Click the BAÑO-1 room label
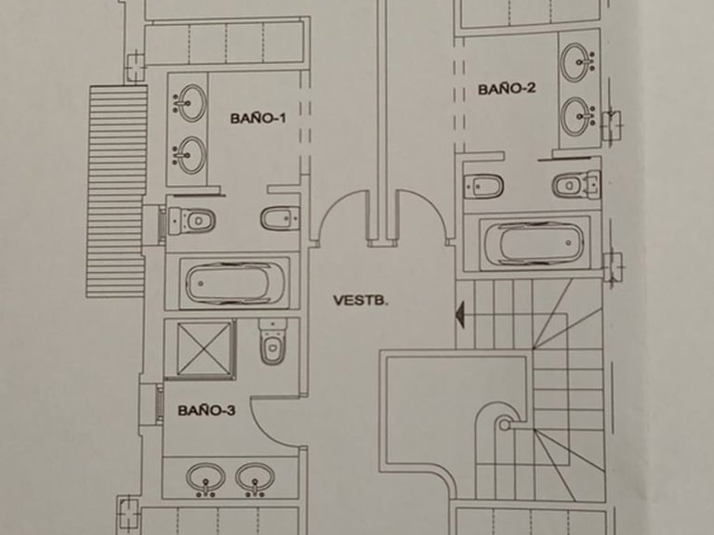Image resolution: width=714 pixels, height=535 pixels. click(x=258, y=118)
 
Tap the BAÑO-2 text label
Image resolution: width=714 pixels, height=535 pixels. click(x=507, y=89)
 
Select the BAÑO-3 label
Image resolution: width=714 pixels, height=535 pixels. click(x=206, y=411)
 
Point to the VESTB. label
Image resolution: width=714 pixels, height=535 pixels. click(x=361, y=300)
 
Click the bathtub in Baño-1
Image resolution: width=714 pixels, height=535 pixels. click(x=234, y=283)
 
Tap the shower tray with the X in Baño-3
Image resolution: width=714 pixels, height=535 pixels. click(x=204, y=348)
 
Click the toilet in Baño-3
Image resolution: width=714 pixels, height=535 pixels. click(x=272, y=342)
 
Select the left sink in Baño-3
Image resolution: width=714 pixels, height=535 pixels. click(x=205, y=479)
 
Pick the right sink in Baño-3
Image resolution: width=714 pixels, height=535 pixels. click(x=255, y=479)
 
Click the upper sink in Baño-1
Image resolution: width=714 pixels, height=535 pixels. click(x=191, y=103)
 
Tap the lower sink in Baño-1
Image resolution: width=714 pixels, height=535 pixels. click(x=191, y=155)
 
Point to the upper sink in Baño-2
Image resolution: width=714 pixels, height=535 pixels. click(x=577, y=62)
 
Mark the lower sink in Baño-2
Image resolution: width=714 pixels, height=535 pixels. click(x=577, y=116)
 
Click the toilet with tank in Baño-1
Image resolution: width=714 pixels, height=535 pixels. click(x=192, y=221)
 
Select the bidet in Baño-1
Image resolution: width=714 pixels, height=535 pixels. click(x=280, y=218)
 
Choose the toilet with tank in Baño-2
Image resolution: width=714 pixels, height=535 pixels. click(x=576, y=186)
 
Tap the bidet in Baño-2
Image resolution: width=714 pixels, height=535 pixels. click(x=483, y=186)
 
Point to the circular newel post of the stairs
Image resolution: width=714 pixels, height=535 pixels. click(x=505, y=424)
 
